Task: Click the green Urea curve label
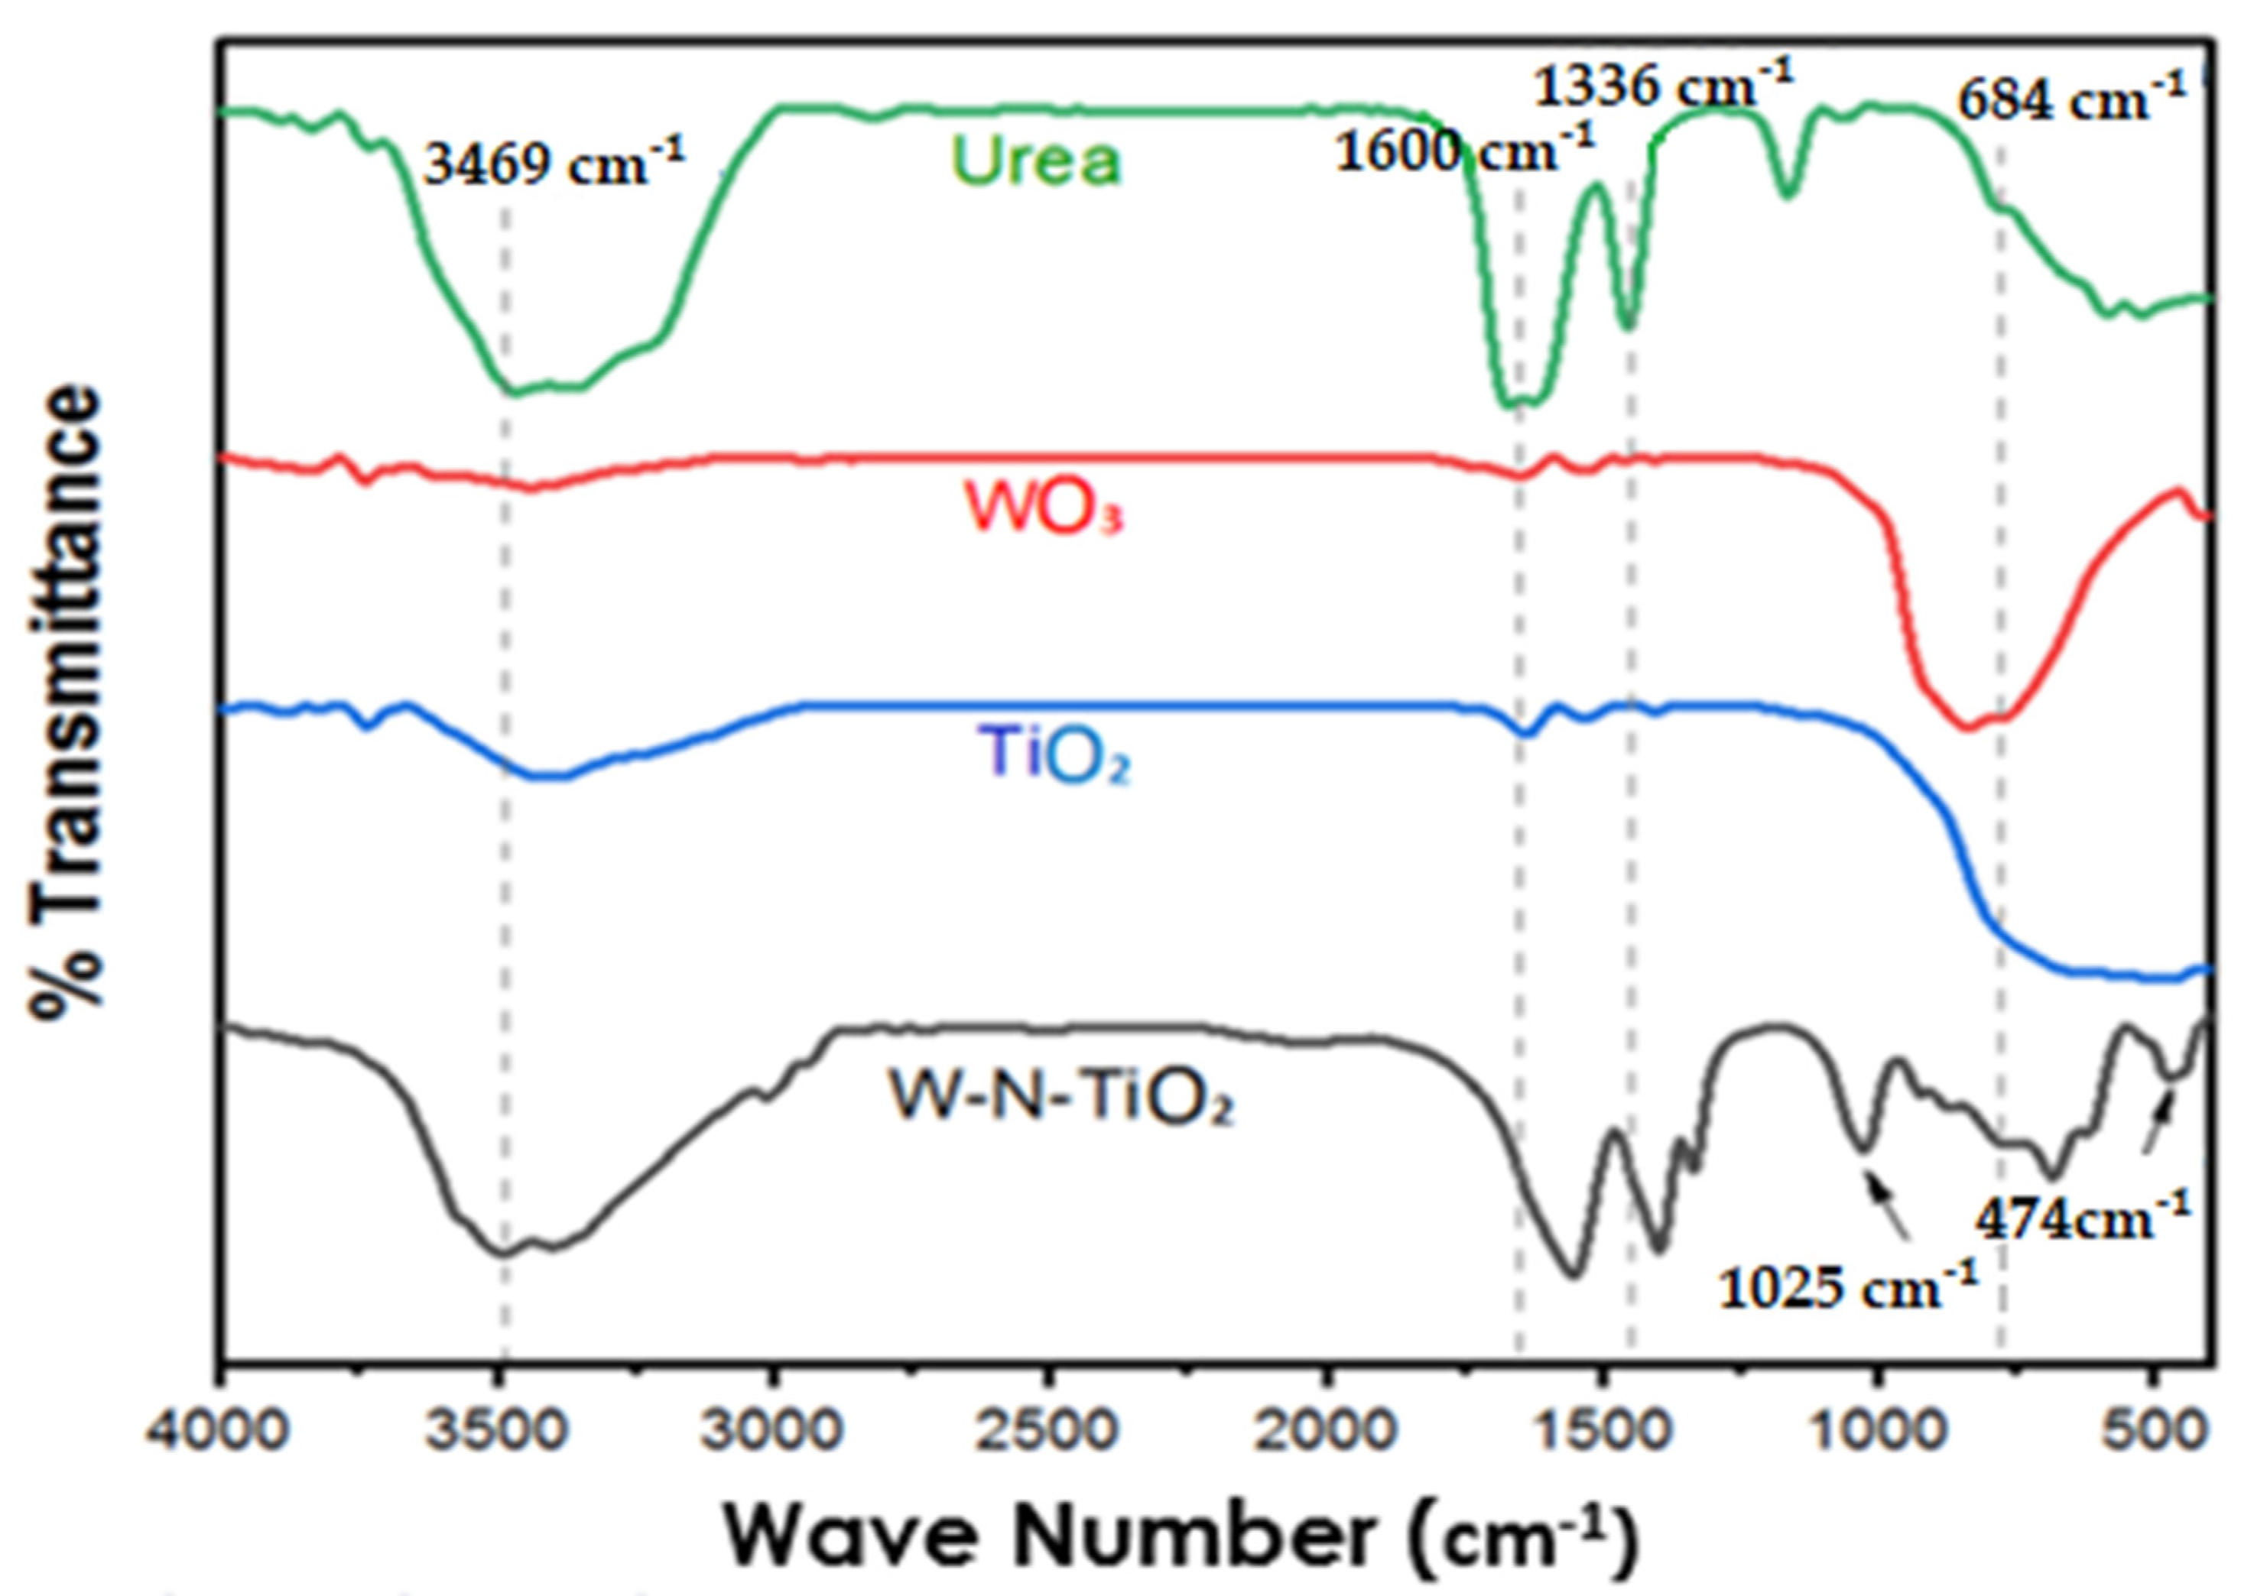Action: (1036, 161)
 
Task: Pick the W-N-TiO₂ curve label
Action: (1060, 1098)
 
